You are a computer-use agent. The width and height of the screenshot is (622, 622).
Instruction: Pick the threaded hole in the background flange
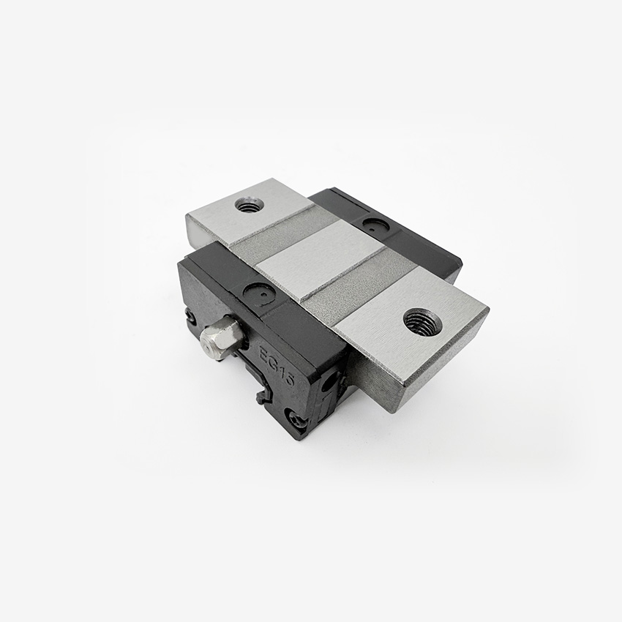250,204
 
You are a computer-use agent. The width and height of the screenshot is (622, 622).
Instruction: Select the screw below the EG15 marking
296,420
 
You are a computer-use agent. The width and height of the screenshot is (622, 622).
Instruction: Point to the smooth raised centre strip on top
322,261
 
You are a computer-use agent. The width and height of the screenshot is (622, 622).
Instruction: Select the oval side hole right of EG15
330,381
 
